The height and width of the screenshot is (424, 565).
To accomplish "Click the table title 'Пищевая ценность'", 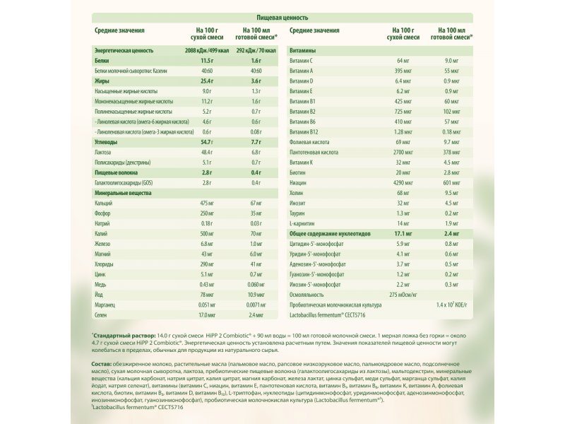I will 282,16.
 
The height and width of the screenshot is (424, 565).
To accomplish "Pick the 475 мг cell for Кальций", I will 207,203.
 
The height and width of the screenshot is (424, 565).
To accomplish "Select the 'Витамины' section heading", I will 303,51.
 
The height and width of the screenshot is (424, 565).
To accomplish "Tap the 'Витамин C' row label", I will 304,61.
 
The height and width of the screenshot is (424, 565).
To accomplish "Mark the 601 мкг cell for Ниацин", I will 451,182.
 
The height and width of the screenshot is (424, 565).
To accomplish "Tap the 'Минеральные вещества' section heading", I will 121,192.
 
